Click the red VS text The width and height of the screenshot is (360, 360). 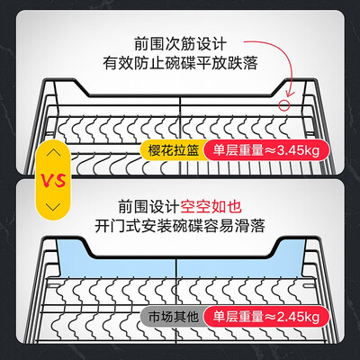pos(53,180)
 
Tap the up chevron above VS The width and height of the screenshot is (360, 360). pos(54,153)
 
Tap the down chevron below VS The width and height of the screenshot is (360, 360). pos(54,207)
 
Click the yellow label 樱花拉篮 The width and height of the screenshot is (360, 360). pos(174,150)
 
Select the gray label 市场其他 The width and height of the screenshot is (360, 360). pos(174,317)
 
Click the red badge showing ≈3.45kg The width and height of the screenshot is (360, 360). pos(265,150)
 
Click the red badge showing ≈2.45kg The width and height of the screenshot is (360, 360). pos(265,317)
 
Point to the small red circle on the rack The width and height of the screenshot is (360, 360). pos(283,105)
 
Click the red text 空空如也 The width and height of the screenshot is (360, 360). pos(211,206)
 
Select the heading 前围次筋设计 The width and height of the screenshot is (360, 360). pos(180,44)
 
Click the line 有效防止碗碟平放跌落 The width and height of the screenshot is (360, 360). pos(180,63)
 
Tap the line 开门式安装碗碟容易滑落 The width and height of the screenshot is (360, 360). pos(180,226)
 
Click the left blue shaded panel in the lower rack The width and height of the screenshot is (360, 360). pos(117,264)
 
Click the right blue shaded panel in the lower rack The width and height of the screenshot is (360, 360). pos(240,264)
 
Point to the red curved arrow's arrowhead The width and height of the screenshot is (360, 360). pos(290,93)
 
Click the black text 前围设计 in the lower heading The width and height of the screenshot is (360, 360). pos(149,206)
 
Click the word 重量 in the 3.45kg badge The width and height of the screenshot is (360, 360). pos(251,150)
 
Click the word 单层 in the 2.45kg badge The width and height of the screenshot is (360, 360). pos(226,317)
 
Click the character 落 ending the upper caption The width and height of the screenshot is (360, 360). pos(250,63)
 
